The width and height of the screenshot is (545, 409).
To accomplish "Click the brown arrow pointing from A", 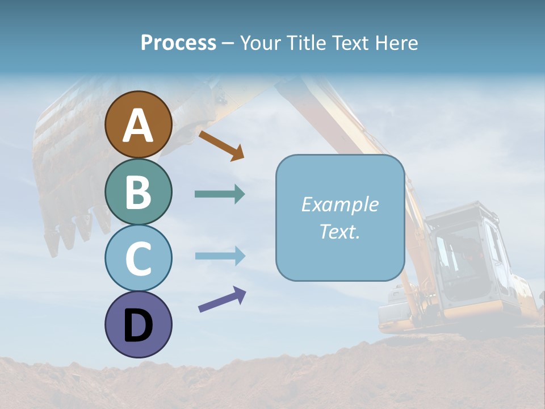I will coord(221,145).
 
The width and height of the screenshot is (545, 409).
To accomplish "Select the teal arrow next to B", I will coord(220,194).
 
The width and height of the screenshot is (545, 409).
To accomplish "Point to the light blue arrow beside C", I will coord(220,256).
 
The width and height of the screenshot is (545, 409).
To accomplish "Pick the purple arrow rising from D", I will coord(222,299).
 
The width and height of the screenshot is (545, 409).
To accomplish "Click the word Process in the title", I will coord(178,43).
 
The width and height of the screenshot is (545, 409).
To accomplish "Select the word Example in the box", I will coord(339,204).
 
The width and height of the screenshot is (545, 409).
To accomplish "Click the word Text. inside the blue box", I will coord(339,232).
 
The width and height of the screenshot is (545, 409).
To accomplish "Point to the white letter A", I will coord(139,126).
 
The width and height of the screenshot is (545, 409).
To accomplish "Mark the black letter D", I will coord(138,326).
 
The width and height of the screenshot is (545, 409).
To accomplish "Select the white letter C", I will coord(138,258).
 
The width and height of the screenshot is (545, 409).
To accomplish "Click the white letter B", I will coord(138,192).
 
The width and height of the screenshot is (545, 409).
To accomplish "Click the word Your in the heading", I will coord(261,43).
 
